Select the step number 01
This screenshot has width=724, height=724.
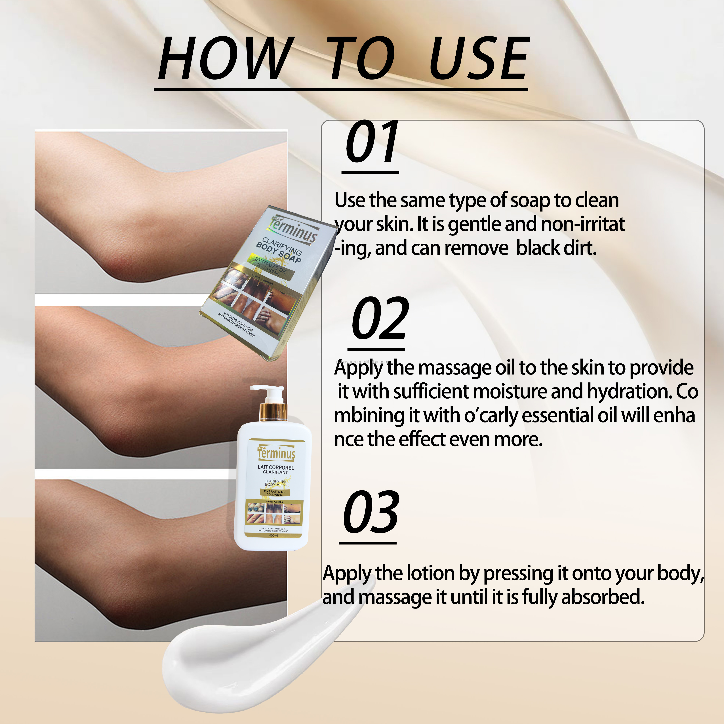click(x=371, y=142)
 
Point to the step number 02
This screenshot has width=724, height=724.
click(x=379, y=319)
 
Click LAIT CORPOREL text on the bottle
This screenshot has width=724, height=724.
click(x=276, y=468)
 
